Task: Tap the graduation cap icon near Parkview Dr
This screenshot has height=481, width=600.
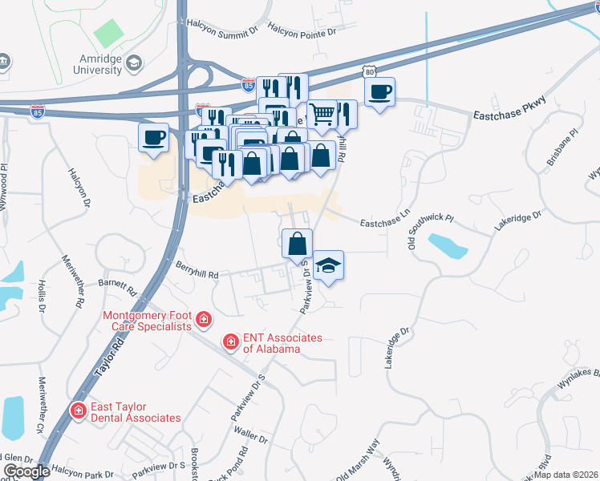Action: click(x=327, y=265)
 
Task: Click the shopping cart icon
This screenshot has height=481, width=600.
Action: click(x=322, y=114)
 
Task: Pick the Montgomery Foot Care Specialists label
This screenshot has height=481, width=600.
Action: click(x=148, y=321)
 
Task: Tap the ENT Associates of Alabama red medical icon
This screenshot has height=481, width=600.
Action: click(x=231, y=342)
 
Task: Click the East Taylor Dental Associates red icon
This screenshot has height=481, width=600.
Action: click(x=78, y=411)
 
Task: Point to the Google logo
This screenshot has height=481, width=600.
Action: click(x=26, y=471)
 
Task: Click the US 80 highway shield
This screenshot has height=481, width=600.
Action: click(x=368, y=71)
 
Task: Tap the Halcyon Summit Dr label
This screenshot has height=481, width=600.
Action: click(x=222, y=29)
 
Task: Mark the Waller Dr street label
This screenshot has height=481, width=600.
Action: click(x=251, y=437)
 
